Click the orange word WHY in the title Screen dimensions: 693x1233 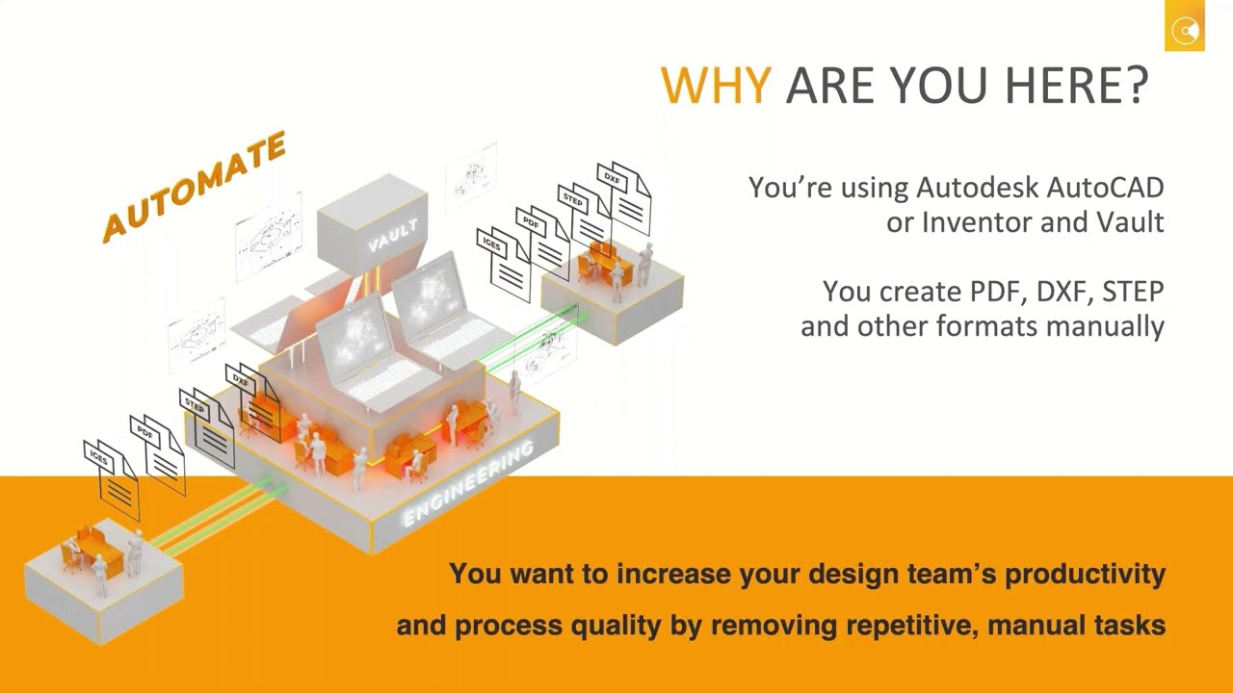click(714, 86)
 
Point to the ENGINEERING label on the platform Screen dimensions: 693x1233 click(466, 484)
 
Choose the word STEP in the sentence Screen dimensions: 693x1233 click(1133, 291)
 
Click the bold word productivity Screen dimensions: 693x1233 click(1085, 575)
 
